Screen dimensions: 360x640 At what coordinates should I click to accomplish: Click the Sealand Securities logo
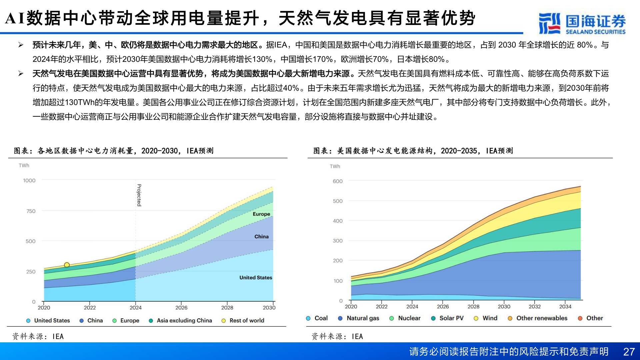[x=582, y=23]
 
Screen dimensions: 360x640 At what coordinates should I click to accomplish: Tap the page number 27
[x=629, y=352]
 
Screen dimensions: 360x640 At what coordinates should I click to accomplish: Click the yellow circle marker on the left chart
[x=67, y=265]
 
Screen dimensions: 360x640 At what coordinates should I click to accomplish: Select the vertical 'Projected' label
[x=139, y=195]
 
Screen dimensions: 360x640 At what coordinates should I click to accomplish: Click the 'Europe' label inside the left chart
[x=261, y=214]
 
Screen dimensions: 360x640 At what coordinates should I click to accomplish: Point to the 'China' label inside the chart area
[x=261, y=236]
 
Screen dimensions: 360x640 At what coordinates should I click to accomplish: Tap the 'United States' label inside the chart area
[x=256, y=277]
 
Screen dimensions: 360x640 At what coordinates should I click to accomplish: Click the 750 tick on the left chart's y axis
[x=31, y=211]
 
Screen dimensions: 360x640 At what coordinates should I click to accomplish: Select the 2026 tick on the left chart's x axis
[x=181, y=307]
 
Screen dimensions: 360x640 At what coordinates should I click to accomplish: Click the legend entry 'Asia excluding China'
[x=184, y=320]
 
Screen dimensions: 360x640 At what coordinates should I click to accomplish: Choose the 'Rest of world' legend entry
[x=246, y=320]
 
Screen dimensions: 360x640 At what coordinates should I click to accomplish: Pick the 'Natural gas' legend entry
[x=363, y=318]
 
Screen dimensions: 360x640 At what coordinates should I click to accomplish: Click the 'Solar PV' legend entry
[x=451, y=318]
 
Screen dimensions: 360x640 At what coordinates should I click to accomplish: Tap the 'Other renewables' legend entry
[x=541, y=318]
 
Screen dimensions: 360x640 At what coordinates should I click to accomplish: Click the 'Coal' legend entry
[x=321, y=318]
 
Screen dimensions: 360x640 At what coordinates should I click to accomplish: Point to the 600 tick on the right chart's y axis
[x=337, y=181]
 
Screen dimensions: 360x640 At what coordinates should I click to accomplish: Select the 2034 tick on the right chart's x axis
[x=565, y=306]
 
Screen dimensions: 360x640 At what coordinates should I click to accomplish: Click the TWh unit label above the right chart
[x=335, y=166]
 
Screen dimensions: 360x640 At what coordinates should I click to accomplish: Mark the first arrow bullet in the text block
[x=21, y=45]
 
